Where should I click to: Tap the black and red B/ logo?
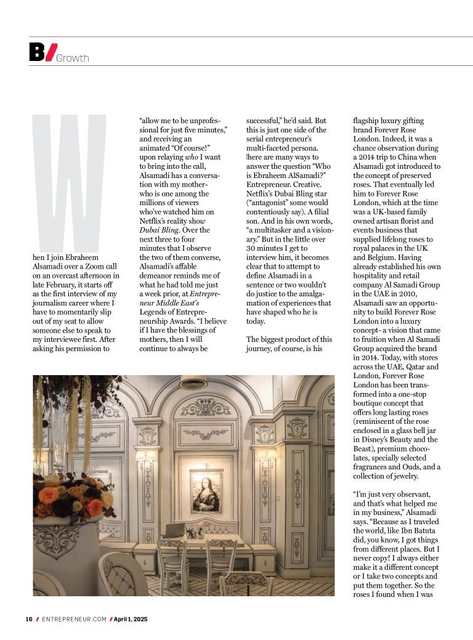point(42,52)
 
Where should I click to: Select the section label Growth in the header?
point(73,59)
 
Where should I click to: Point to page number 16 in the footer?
point(28,619)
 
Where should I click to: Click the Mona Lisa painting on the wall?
point(206,491)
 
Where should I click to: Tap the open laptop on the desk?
point(174,530)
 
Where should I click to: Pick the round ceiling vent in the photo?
point(193,383)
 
